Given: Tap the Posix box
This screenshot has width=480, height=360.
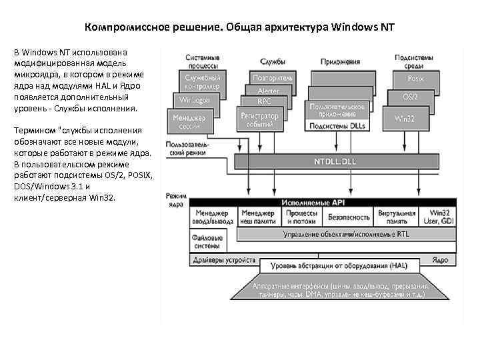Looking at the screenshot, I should click(x=415, y=79).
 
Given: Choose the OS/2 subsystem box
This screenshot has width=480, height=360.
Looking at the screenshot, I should click(x=411, y=97).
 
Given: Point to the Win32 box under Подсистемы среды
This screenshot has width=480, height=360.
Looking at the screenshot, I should click(x=405, y=118).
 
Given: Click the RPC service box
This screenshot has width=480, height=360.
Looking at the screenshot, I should click(x=265, y=101).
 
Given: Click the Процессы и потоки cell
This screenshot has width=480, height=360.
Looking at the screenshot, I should click(x=301, y=217).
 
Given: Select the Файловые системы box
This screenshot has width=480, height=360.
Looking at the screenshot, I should click(x=207, y=240).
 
